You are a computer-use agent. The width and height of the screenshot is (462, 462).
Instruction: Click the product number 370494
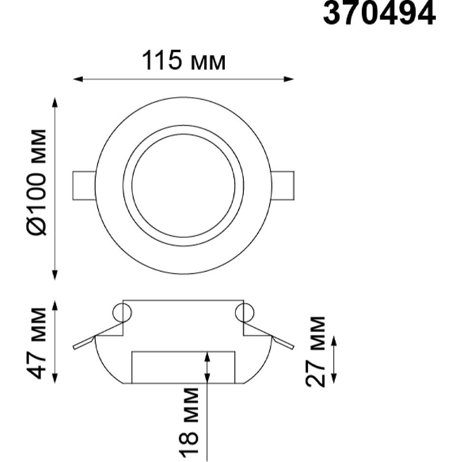click(x=379, y=12)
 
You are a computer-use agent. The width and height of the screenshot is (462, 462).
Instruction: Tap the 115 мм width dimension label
click(x=184, y=61)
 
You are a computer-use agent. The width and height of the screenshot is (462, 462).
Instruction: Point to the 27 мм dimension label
click(x=315, y=352)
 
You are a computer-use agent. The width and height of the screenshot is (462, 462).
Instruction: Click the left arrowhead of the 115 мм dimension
click(x=78, y=79)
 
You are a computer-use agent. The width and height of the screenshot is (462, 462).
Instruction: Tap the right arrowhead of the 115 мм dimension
click(x=289, y=79)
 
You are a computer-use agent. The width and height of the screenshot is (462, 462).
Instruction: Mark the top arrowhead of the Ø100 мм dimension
click(x=54, y=103)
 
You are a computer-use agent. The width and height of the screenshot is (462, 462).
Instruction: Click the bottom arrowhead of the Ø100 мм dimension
click(x=54, y=275)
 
